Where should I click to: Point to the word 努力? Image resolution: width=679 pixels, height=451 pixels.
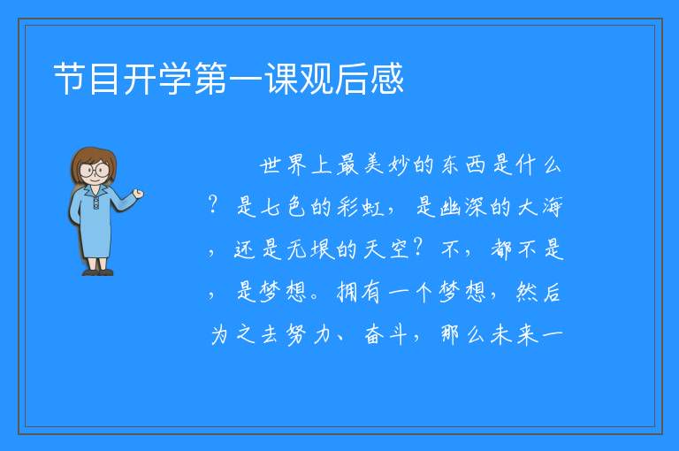pyautogui.click(x=309, y=334)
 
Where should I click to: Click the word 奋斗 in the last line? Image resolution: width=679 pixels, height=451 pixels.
pyautogui.click(x=385, y=334)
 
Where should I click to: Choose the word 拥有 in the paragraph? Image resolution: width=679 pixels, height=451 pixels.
pyautogui.click(x=360, y=292)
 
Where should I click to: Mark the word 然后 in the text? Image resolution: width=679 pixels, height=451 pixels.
pyautogui.click(x=538, y=292)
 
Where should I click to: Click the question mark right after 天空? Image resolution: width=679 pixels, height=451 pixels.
pyautogui.click(x=418, y=248)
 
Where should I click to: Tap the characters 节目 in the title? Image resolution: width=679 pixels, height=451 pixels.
pyautogui.click(x=86, y=79)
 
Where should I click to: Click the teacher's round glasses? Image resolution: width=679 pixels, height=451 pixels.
pyautogui.click(x=94, y=170)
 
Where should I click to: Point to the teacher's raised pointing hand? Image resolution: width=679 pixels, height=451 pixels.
pyautogui.click(x=138, y=194)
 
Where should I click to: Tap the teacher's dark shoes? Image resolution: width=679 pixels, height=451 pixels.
pyautogui.click(x=98, y=272)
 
